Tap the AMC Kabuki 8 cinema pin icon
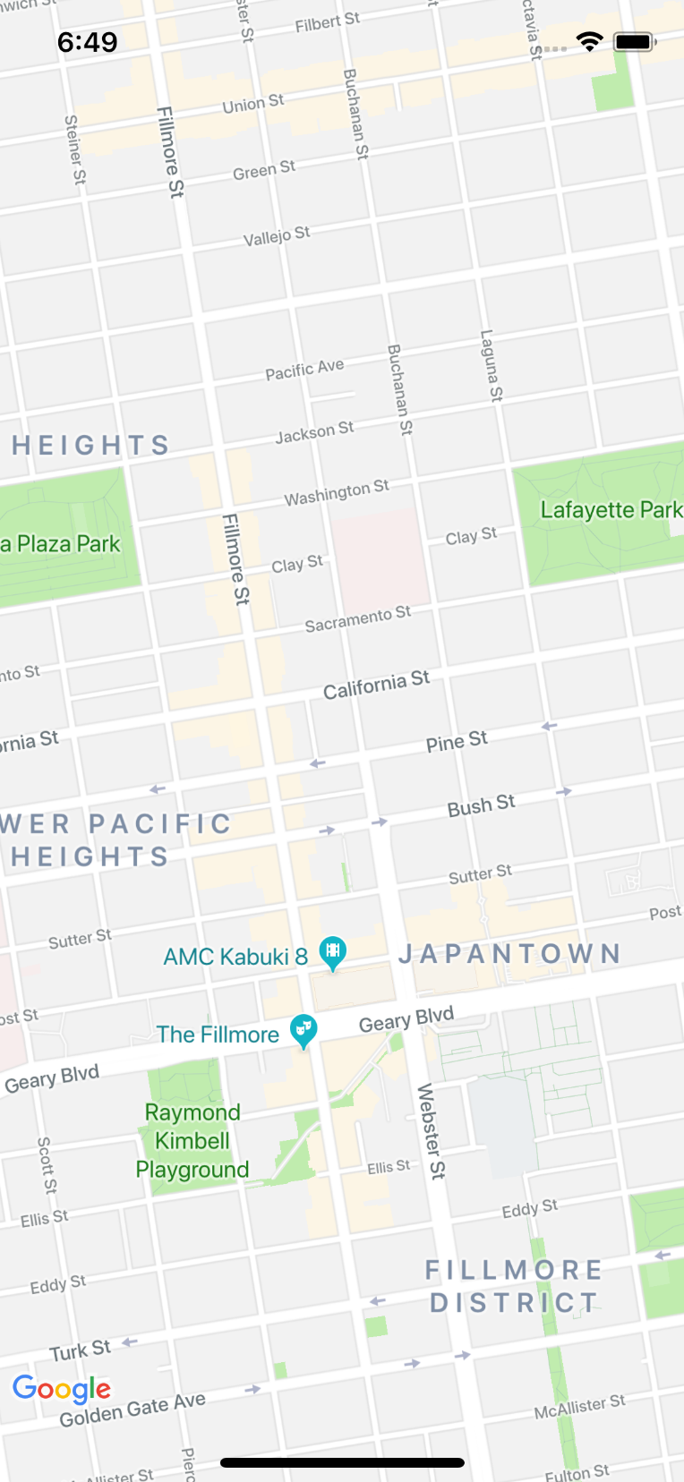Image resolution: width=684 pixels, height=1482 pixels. pos(332,952)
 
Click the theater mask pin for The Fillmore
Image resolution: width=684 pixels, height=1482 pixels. pos(304,1030)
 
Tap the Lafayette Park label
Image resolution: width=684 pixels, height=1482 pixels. pos(611,510)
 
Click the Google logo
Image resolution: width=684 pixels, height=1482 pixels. pos(62,1388)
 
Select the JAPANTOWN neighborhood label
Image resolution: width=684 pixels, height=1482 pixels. pos(509,954)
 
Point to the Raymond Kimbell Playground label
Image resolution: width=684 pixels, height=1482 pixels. pos(192,1141)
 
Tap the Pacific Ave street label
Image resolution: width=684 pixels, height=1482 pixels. pos(304,370)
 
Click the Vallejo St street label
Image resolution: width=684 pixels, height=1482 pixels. pos(277,236)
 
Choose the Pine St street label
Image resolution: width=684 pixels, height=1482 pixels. pos(457,742)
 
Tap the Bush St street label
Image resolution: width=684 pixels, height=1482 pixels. pos(481,805)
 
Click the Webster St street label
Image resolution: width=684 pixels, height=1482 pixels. pos(431,1131)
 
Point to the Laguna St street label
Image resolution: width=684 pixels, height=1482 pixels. pos(492,365)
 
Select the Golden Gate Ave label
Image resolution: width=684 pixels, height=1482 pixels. pos(133,1410)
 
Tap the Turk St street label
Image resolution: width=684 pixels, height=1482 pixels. pos(80,1350)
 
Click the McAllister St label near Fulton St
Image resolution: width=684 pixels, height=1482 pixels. pos(579,1407)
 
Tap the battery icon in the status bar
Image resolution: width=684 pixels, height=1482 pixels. pos(636,42)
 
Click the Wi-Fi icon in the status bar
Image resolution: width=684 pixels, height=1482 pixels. pos(589,41)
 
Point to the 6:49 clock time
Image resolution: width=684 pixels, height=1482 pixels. pos(87,42)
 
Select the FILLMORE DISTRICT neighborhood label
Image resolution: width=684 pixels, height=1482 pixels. pos(514,1286)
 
